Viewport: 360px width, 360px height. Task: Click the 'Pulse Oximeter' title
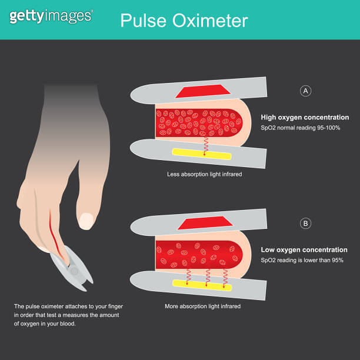click(184, 21)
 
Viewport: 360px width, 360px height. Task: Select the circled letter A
click(305, 91)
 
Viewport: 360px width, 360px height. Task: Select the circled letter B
click(305, 223)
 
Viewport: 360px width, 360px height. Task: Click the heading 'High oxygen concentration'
click(305, 117)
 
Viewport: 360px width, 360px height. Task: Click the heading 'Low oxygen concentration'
click(304, 250)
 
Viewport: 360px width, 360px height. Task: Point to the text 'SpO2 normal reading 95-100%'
click(301, 128)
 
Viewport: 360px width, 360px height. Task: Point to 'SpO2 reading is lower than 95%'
click(302, 260)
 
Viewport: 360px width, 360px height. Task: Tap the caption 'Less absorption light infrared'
click(204, 175)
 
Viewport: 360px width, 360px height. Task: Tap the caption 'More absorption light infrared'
click(204, 306)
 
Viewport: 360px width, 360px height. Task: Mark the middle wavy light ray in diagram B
click(207, 275)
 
